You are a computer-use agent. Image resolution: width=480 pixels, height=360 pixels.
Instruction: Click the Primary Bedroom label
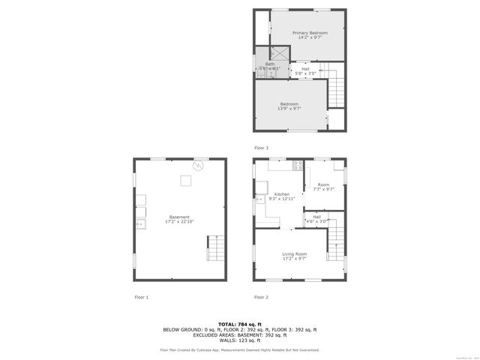pos(310,32)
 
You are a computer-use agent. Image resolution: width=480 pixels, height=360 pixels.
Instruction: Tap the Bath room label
pos(269,64)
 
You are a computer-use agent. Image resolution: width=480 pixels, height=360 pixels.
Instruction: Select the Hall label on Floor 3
pos(305,69)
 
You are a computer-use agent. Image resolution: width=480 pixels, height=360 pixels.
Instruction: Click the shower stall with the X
pos(279,52)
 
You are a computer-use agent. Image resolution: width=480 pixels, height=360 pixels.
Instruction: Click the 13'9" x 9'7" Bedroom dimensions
pos(289,109)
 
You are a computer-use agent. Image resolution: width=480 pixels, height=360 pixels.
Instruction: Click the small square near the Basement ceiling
pos(184,179)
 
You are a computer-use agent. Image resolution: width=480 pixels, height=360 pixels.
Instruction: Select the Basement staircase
pos(215,247)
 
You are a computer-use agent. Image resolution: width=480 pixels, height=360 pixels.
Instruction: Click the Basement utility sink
pos(140,223)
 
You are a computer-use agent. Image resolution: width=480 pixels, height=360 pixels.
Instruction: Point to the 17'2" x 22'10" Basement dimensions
pos(179,222)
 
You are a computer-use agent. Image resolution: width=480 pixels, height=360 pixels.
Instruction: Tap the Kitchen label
pos(281,193)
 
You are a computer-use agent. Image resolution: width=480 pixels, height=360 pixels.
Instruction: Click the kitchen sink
pos(259,199)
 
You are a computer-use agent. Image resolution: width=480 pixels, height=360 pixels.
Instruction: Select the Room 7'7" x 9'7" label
pos(323,187)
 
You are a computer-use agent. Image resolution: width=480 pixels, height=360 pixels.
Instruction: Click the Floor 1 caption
pos(141,297)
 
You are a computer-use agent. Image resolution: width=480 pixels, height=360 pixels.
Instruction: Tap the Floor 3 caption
pos(261,147)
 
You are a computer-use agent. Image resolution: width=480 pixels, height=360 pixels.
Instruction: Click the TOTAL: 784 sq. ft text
pos(239,323)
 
